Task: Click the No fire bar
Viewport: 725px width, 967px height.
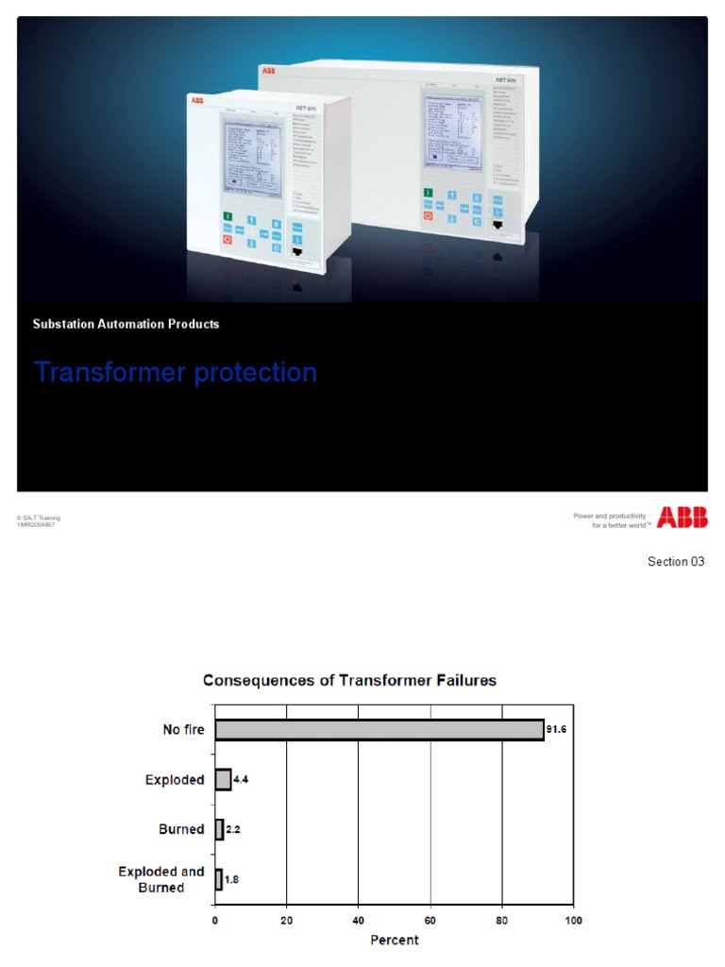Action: (379, 730)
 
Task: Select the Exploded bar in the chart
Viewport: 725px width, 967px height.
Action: (223, 780)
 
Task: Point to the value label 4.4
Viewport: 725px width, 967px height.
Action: (244, 780)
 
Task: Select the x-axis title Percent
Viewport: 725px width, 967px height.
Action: (394, 940)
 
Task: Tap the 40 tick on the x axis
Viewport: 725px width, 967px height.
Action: (359, 920)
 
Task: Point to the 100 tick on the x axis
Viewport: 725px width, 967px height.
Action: (573, 920)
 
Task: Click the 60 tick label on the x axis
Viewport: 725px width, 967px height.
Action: (430, 920)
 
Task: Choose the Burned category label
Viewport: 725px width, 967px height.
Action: (181, 829)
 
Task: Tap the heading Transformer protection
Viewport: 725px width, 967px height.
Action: (176, 373)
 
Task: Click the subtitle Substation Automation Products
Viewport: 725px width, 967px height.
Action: (126, 324)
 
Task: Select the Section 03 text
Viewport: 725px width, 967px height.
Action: (676, 562)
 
